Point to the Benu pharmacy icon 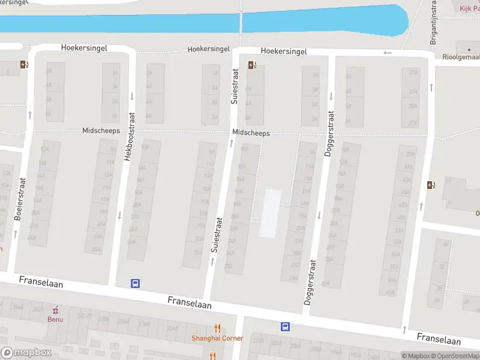point(55,310)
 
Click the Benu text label point(55,319)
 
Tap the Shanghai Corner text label point(217,338)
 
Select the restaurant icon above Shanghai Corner point(217,328)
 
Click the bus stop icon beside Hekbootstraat point(136,284)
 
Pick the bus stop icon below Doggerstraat point(285,327)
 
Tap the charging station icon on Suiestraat point(251,65)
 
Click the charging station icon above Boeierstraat point(23,65)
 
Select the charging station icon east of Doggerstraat point(430,185)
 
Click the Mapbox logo point(25,353)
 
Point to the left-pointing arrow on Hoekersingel point(388,53)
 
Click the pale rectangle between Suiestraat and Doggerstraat point(270,213)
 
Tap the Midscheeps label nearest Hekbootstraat point(101,130)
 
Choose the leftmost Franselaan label point(41,281)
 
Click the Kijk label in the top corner point(466,8)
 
